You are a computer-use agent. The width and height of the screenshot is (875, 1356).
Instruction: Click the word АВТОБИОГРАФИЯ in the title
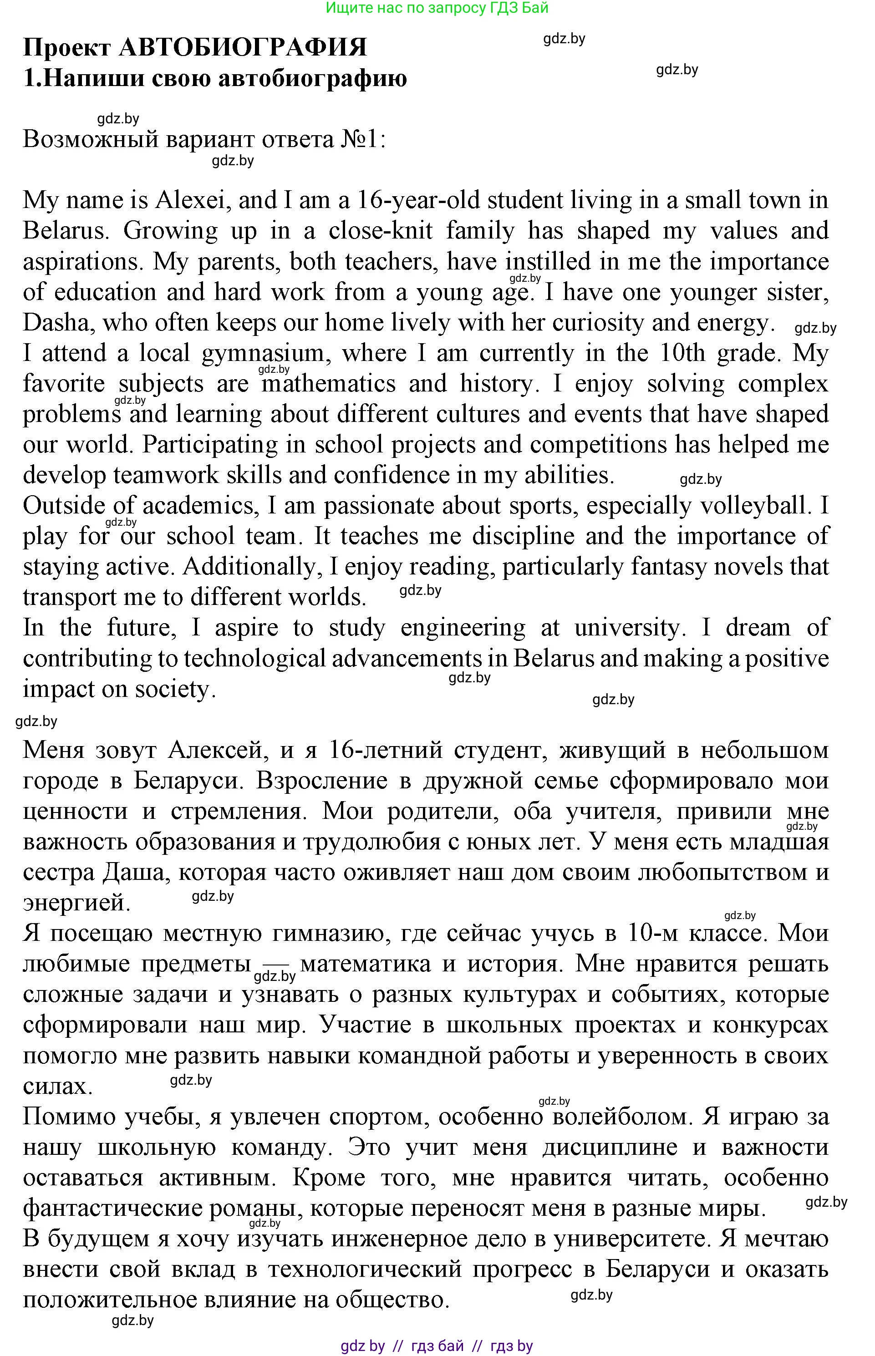(x=243, y=47)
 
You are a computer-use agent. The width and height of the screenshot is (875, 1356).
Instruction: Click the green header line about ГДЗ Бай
(x=437, y=8)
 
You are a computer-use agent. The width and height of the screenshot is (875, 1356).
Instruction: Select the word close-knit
(x=380, y=231)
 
